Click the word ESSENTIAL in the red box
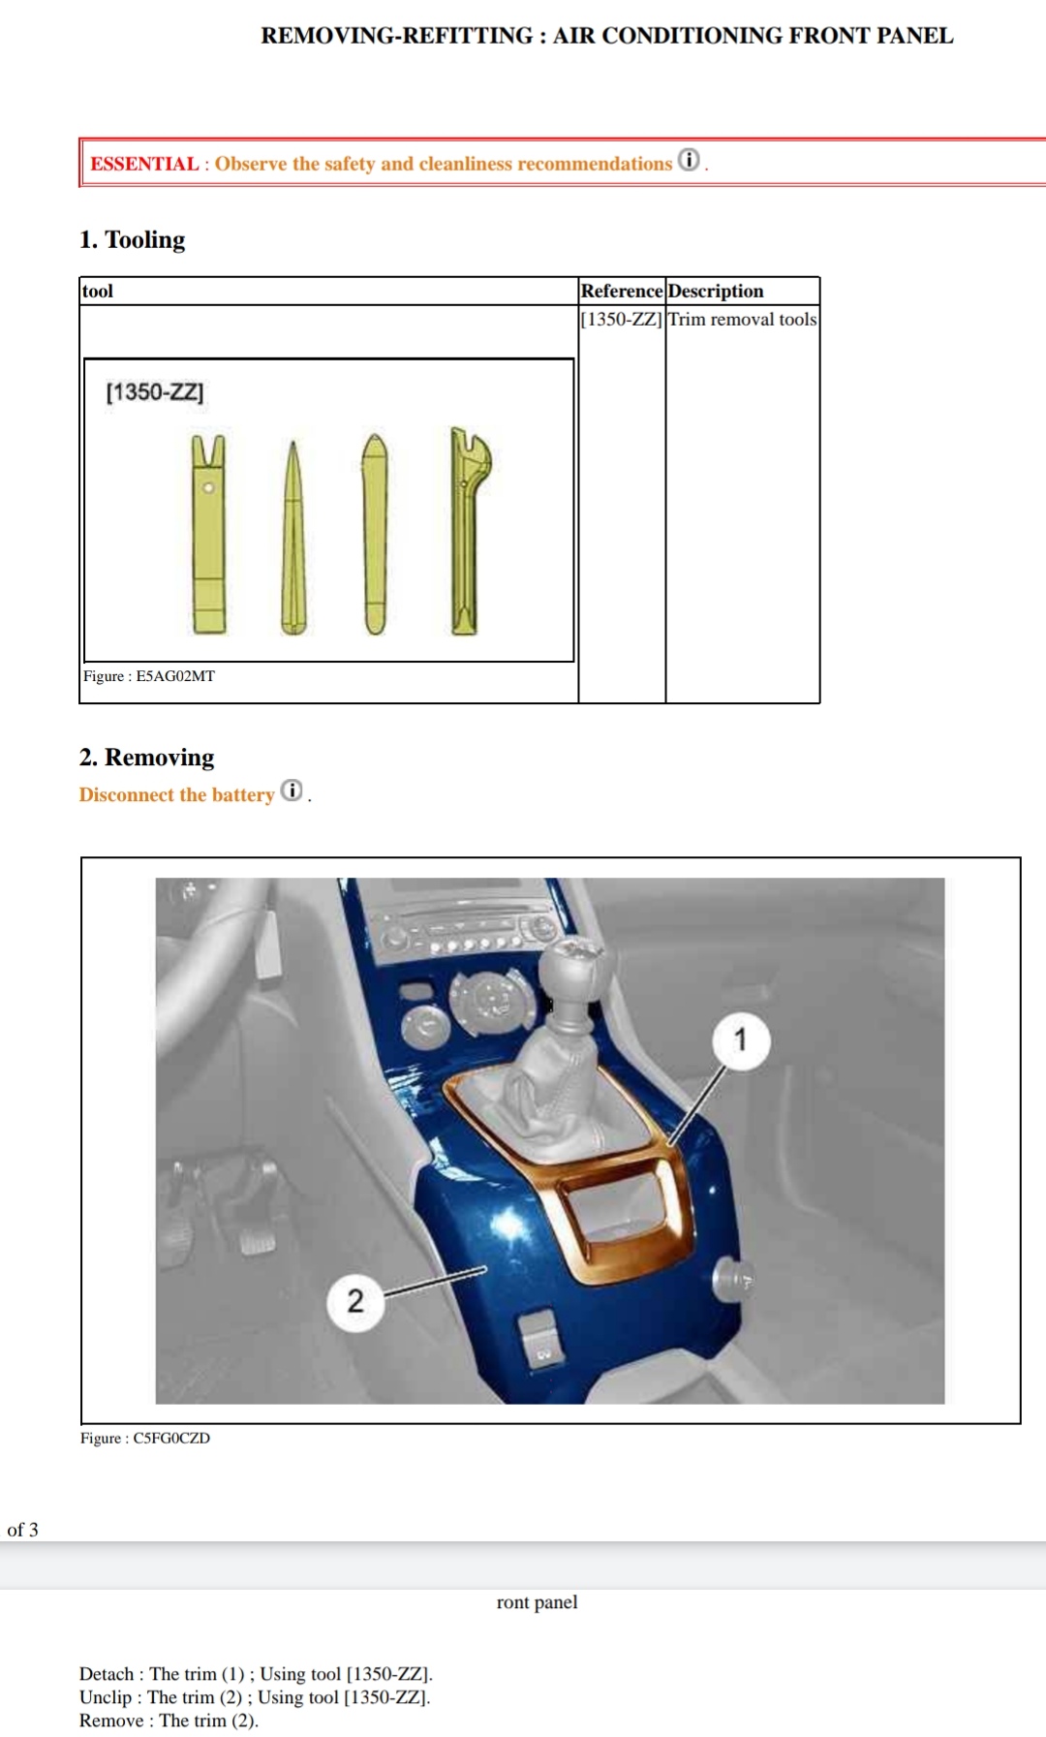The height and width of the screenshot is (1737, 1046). pyautogui.click(x=144, y=164)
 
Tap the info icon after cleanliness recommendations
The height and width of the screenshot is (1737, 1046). pyautogui.click(x=689, y=160)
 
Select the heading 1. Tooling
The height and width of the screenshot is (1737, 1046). pyautogui.click(x=133, y=239)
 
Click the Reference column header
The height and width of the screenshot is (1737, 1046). pyautogui.click(x=622, y=291)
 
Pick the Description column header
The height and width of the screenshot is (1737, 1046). pyautogui.click(x=716, y=291)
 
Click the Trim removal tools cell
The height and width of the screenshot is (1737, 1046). pyautogui.click(x=742, y=319)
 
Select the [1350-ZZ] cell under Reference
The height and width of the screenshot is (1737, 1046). pyautogui.click(x=622, y=319)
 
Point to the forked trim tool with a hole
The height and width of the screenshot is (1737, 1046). pyautogui.click(x=208, y=534)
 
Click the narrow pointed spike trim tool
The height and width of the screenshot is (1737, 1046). pyautogui.click(x=292, y=538)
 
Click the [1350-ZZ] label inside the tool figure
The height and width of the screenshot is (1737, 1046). pyautogui.click(x=155, y=392)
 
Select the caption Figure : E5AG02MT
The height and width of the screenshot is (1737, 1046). pyautogui.click(x=149, y=676)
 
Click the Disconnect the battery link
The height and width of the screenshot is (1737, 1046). pyautogui.click(x=177, y=795)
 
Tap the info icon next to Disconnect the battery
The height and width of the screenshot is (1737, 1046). pyautogui.click(x=292, y=791)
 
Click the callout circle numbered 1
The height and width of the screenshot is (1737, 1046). pyautogui.click(x=741, y=1040)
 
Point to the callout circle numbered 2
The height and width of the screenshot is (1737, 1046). pyautogui.click(x=355, y=1301)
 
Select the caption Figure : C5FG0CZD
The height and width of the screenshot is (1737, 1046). pyautogui.click(x=145, y=1439)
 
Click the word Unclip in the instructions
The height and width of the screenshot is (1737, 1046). pyautogui.click(x=106, y=1697)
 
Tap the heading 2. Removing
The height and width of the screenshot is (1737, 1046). pyautogui.click(x=147, y=757)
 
